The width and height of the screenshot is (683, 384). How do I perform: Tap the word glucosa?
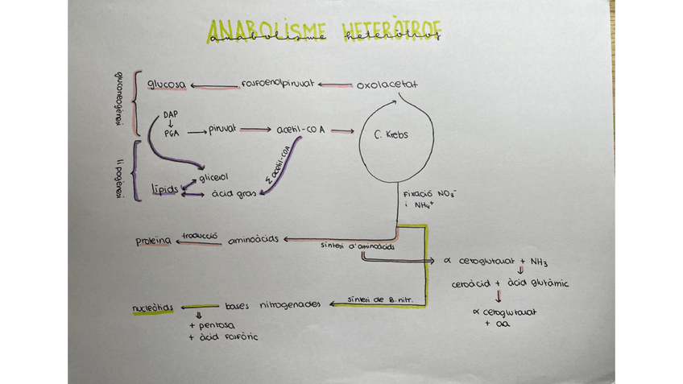click(x=167, y=85)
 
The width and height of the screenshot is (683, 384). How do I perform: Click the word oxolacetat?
click(x=387, y=84)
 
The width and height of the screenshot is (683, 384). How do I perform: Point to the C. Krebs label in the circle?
click(x=391, y=134)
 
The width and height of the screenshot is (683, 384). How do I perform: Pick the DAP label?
click(x=170, y=114)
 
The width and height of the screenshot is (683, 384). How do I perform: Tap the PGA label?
click(x=171, y=134)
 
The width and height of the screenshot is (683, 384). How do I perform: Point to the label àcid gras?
click(x=233, y=193)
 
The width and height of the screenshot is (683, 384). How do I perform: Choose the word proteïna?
click(x=153, y=241)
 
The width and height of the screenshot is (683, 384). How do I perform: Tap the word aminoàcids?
click(x=253, y=241)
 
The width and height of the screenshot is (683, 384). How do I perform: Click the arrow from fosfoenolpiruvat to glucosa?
click(x=214, y=85)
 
